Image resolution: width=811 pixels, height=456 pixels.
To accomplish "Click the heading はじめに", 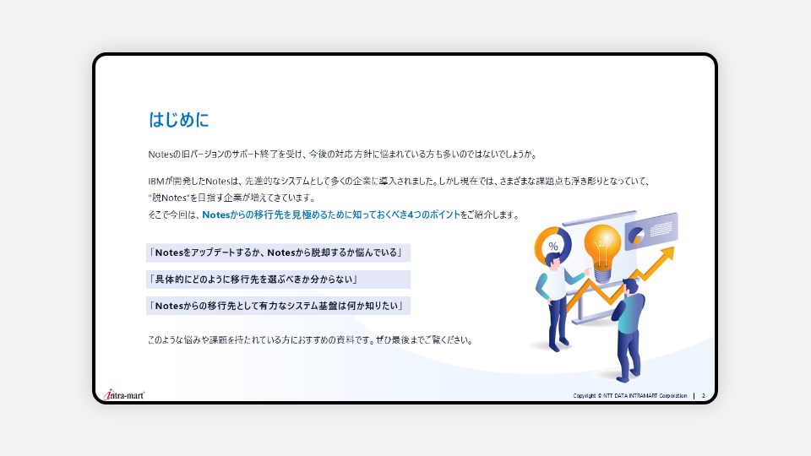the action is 178,119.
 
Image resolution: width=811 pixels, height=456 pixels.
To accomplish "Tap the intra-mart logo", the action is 124,395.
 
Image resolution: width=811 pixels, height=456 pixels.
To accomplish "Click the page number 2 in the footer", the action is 704,395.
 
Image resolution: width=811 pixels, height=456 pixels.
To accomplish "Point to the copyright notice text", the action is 630,395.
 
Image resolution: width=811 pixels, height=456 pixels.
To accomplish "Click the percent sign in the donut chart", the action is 553,247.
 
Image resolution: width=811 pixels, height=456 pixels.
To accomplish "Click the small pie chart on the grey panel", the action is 636,236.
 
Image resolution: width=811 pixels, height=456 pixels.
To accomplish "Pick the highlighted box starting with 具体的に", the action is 278,280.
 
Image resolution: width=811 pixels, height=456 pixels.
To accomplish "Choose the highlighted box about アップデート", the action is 278,252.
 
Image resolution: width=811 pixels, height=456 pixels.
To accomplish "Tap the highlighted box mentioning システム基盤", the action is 278,306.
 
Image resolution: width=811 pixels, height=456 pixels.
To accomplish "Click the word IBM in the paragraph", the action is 155,181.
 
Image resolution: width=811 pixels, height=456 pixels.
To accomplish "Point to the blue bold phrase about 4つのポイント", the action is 331,214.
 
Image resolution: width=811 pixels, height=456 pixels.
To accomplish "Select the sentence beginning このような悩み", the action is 310,340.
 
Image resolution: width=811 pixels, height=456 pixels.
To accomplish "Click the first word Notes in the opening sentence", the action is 160,154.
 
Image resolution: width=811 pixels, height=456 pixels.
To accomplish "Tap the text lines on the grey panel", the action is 661,228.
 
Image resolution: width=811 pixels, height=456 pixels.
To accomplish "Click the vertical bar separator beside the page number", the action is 694,396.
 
